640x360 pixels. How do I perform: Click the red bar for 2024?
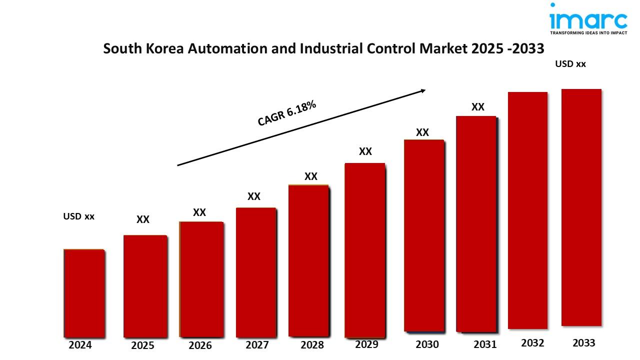(84, 293)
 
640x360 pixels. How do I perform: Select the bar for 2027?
(255, 272)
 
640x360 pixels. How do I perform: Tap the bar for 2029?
(365, 250)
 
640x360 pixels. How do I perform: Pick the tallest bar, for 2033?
(581, 207)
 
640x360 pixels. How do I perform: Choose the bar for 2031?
(476, 223)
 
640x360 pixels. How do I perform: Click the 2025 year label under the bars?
(142, 345)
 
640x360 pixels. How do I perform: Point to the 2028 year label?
(312, 345)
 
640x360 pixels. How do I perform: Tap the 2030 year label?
(427, 344)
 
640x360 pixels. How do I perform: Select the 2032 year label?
(532, 343)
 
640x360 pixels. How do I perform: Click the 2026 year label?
(200, 345)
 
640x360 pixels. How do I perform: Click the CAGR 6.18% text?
(287, 113)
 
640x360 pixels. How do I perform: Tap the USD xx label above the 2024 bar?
(78, 216)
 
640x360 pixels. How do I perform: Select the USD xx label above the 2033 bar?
(570, 64)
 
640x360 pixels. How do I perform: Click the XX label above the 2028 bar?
(311, 176)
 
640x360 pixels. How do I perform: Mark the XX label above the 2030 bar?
(422, 132)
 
